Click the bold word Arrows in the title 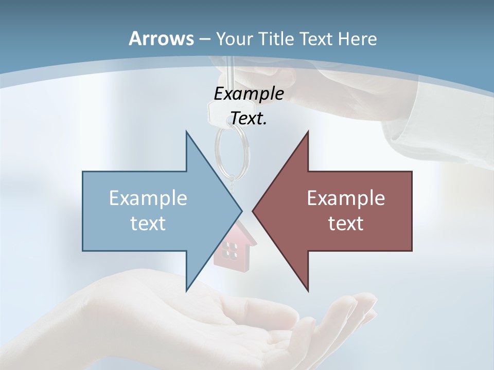[x=161, y=39]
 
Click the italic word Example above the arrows [x=249, y=94]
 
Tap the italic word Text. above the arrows [x=249, y=119]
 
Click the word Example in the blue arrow [x=148, y=198]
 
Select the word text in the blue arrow [x=148, y=223]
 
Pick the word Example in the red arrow [x=346, y=198]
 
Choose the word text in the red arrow [x=346, y=223]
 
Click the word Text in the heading [x=315, y=39]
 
